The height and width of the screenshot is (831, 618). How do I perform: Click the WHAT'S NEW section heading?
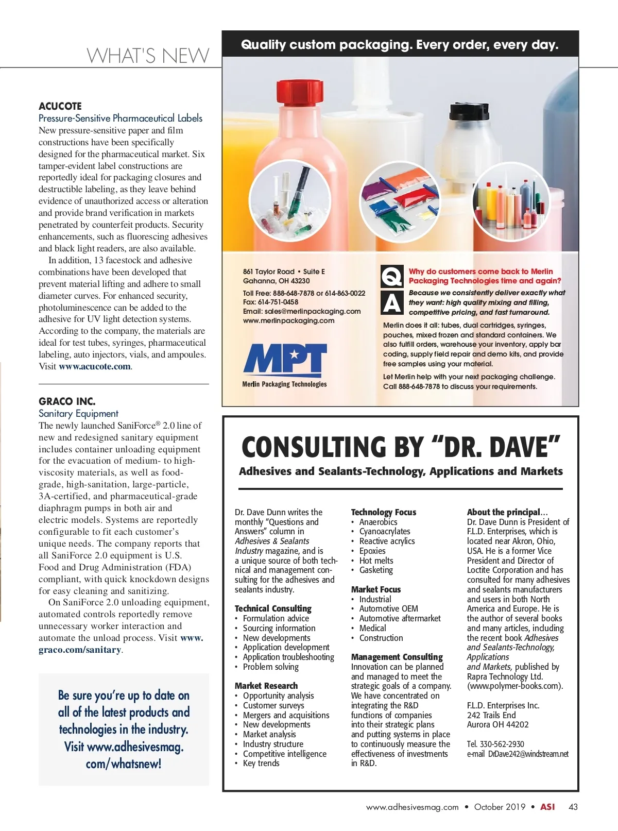click(x=148, y=56)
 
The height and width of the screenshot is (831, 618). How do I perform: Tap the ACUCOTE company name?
click(x=60, y=106)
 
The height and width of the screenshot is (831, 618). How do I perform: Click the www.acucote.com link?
click(x=95, y=366)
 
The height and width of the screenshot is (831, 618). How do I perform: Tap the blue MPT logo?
click(x=285, y=359)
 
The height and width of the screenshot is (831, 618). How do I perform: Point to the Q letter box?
click(x=392, y=276)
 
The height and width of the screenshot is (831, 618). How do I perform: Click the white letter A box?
click(x=392, y=303)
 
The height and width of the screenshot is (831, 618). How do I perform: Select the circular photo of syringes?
click(x=289, y=200)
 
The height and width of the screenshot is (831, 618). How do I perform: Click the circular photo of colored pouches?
click(x=400, y=200)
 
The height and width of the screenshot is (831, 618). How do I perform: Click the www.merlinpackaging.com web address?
click(x=288, y=320)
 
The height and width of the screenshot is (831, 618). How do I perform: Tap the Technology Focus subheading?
click(x=384, y=512)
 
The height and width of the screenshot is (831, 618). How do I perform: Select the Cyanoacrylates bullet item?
click(x=385, y=531)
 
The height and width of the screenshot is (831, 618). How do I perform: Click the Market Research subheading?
click(x=266, y=686)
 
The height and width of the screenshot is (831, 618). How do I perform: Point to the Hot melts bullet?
click(x=376, y=561)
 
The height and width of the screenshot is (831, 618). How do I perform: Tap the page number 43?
click(x=573, y=807)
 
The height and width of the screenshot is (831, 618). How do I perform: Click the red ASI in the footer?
click(x=547, y=807)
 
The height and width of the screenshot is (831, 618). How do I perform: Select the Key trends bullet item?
click(x=261, y=763)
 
